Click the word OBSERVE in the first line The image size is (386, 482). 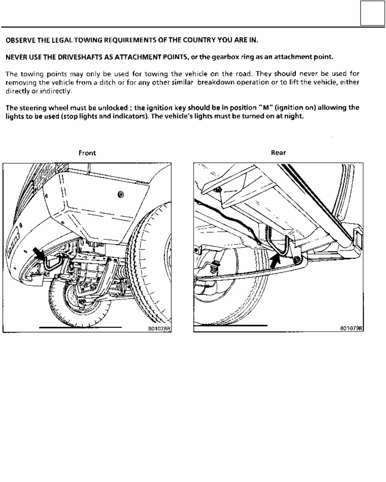[x=20, y=40]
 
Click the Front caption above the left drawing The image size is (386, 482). [x=87, y=153]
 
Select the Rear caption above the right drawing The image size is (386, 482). [x=278, y=153]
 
